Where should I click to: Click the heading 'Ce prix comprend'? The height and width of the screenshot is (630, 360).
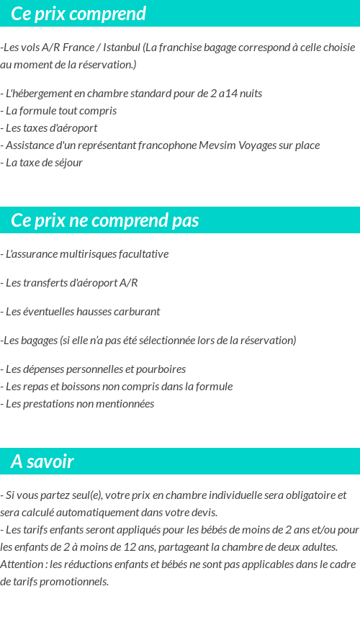pyautogui.click(x=78, y=14)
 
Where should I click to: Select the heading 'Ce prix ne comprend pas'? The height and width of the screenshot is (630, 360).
pyautogui.click(x=105, y=220)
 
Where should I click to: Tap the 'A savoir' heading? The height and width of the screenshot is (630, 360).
pyautogui.click(x=42, y=462)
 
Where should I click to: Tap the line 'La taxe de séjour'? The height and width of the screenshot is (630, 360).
pyautogui.click(x=44, y=163)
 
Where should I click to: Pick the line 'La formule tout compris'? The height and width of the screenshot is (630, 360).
pyautogui.click(x=60, y=111)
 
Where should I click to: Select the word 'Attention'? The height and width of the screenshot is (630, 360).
pyautogui.click(x=22, y=564)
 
